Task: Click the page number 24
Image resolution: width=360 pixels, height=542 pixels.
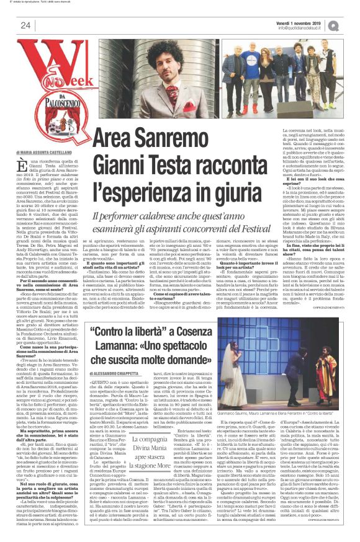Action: [x=25, y=25]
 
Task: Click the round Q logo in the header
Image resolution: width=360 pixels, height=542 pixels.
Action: [x=350, y=25]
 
